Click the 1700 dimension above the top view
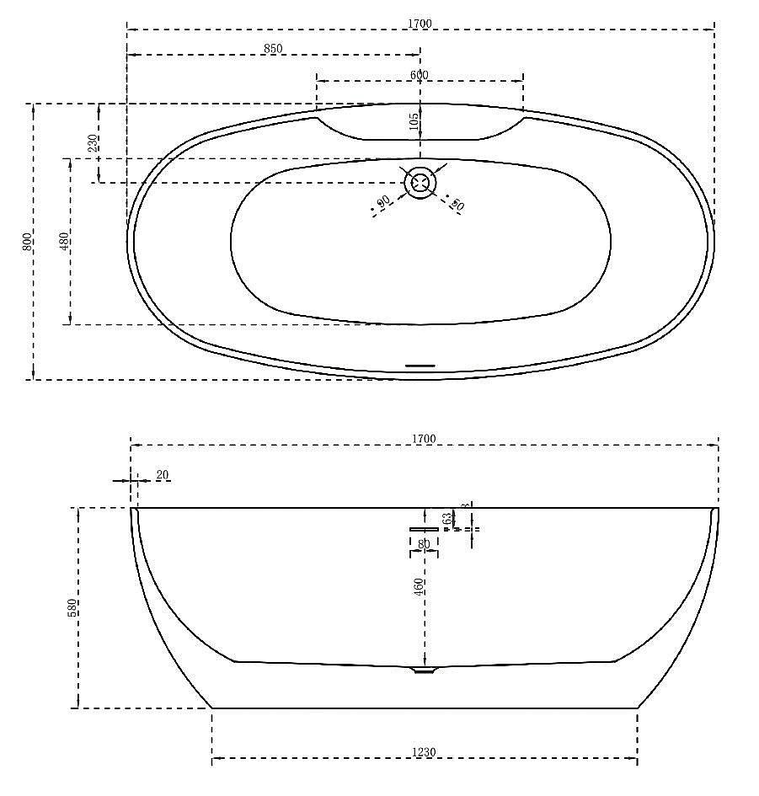[x=420, y=24]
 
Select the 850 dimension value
[x=273, y=49]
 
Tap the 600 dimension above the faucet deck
[x=420, y=75]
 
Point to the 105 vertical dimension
[x=414, y=124]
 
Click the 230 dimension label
[x=93, y=143]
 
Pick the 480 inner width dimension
[x=65, y=242]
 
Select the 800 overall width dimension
[x=27, y=241]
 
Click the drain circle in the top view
[x=420, y=182]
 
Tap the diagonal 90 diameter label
[x=383, y=201]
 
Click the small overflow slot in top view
[x=420, y=366]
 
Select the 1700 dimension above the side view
[x=424, y=439]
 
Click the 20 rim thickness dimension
[x=163, y=476]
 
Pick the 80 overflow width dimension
[x=425, y=544]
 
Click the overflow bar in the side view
[x=425, y=528]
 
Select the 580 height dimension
[x=72, y=608]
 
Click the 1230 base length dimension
[x=424, y=752]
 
